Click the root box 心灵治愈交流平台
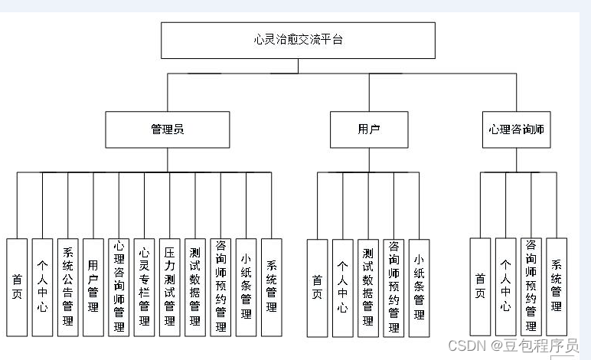pos(298,40)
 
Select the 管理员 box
pos(167,129)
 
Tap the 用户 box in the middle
pos(369,129)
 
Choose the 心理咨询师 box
pos(516,129)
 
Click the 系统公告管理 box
pos(67,287)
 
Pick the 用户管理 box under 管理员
pos(93,287)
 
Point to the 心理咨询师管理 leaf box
pos(119,287)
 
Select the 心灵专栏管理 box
pos(144,287)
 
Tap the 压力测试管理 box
pos(169,287)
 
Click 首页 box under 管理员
pos(17,287)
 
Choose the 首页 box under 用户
pos(317,287)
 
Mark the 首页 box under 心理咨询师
pos(480,287)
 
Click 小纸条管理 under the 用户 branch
pos(419,287)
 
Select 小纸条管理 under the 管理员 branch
pos(246,287)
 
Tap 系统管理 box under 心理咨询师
pos(557,287)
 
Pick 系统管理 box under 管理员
pos(272,287)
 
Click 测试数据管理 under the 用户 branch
pos(368,287)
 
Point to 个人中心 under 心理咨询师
pos(505,287)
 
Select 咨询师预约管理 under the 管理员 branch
pos(220,287)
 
